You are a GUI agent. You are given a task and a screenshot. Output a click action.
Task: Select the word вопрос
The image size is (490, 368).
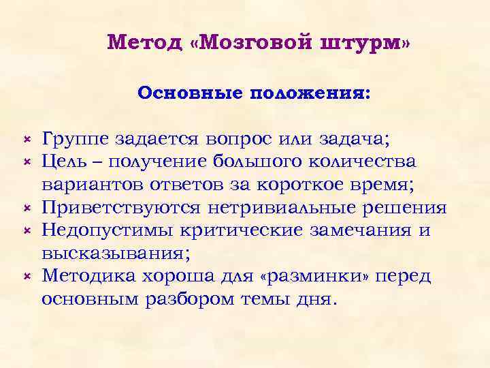240,140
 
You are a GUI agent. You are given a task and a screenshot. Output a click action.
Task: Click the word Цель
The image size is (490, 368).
63,164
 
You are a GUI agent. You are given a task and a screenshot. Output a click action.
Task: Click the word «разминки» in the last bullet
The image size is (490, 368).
314,276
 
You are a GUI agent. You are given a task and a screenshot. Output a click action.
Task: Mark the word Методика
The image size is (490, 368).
85,276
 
